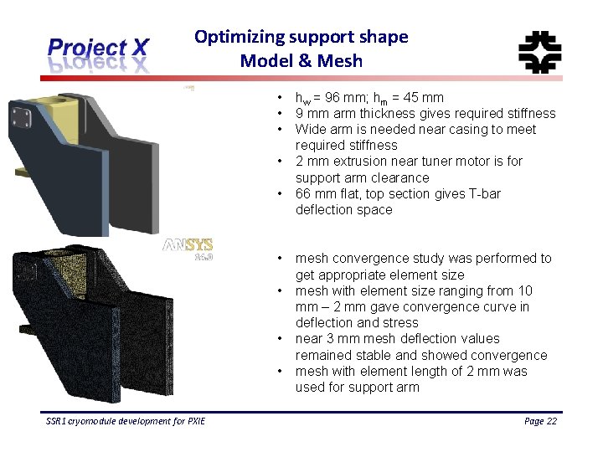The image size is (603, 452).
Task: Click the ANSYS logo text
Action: [x=188, y=245]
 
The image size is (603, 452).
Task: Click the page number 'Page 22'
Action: [x=539, y=421]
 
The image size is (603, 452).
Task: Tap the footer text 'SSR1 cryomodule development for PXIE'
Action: [x=126, y=421]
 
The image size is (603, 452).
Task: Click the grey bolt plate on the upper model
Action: [x=20, y=116]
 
